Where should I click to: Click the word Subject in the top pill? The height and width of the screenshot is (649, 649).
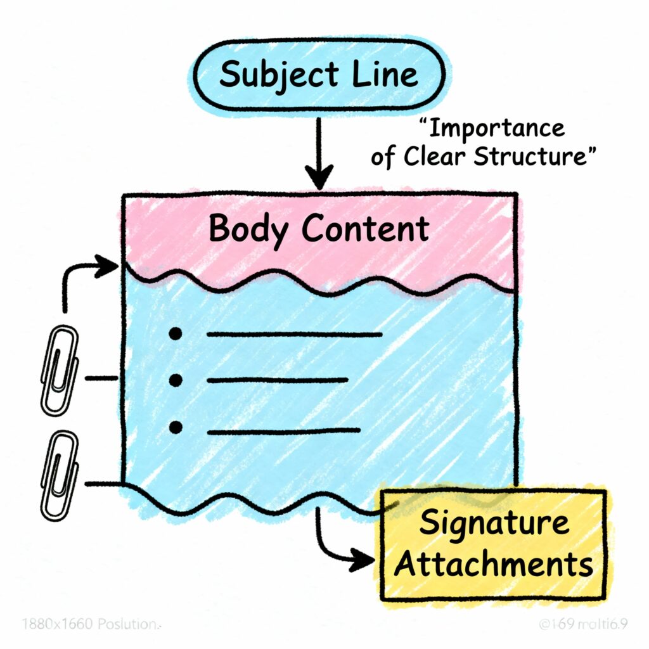267,75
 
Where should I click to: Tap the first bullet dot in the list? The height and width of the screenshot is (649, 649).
176,334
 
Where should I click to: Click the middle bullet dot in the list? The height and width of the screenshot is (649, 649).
176,380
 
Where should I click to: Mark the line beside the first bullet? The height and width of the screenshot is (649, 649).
294,334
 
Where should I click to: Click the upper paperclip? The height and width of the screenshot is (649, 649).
59,370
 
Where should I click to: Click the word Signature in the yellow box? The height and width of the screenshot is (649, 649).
494,524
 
